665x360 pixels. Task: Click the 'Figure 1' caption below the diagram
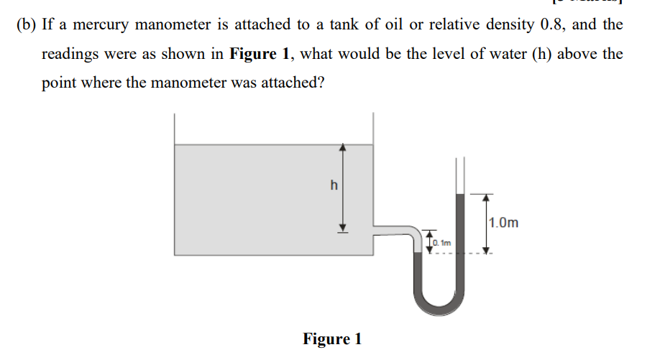pyautogui.click(x=332, y=338)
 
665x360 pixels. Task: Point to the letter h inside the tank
pyautogui.click(x=333, y=185)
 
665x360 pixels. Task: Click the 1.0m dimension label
pyautogui.click(x=503, y=222)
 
